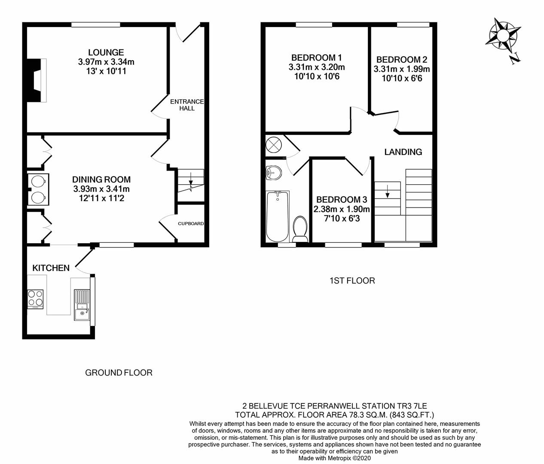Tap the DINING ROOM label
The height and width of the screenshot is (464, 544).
[101, 180]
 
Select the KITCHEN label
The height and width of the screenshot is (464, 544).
[51, 268]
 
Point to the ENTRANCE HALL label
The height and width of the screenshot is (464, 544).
[187, 105]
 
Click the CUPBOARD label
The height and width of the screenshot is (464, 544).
[191, 224]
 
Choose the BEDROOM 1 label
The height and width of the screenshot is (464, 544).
[316, 58]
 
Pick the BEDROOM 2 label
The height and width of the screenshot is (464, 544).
[401, 60]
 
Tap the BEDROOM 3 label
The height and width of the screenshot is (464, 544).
[342, 200]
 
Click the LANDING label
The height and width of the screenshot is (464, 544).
[403, 152]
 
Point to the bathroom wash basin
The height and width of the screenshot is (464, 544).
[273, 174]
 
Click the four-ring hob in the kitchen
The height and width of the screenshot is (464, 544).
[35, 299]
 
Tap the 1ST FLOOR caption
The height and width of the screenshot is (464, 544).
[352, 281]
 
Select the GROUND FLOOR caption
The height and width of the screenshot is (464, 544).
[119, 372]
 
